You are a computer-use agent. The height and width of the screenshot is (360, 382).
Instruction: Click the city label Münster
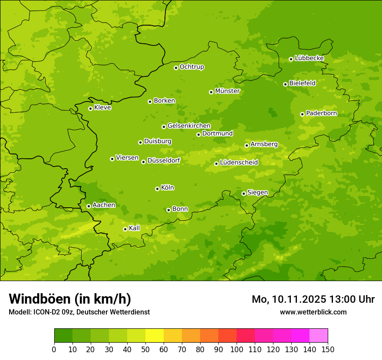(227, 91)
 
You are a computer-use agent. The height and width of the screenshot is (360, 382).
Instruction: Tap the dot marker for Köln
(157, 189)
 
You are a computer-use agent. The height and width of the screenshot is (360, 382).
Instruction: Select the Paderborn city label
(322, 113)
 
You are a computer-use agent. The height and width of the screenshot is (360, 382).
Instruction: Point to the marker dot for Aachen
(89, 206)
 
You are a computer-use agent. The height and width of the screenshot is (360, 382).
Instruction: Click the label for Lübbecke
(309, 58)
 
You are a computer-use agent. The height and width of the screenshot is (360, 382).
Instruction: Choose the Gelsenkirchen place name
(189, 126)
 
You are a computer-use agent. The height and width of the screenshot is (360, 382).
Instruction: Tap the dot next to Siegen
(244, 193)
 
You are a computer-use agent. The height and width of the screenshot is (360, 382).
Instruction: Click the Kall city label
(135, 228)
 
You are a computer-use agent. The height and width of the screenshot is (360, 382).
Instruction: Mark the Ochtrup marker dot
(176, 68)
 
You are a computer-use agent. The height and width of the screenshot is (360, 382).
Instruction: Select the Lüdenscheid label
(239, 163)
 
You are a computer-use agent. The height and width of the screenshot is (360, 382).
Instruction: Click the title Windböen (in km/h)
(70, 299)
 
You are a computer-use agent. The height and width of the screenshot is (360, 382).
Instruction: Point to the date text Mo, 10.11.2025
(289, 299)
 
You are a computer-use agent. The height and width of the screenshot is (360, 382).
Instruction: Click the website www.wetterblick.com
(313, 312)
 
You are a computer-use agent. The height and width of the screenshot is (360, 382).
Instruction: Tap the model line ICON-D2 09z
(79, 312)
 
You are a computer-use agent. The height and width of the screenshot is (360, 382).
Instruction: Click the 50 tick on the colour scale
(145, 349)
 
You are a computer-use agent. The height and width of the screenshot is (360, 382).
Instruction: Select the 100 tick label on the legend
(237, 349)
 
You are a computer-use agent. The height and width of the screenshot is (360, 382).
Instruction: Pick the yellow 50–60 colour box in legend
(155, 336)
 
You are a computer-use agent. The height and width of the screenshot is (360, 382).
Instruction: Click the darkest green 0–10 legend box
(63, 336)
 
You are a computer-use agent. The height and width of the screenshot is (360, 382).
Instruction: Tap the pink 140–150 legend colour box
(319, 336)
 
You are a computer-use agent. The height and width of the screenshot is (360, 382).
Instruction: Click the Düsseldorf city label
(164, 160)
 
